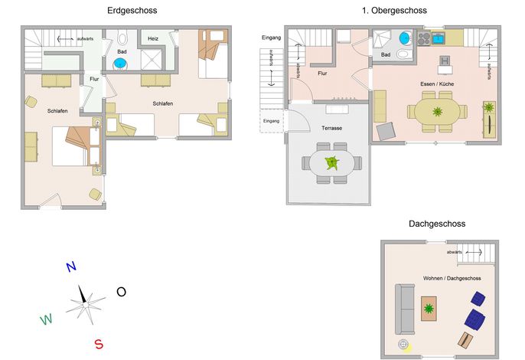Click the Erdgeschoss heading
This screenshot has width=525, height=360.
132,11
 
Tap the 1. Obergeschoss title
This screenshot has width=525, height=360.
394,11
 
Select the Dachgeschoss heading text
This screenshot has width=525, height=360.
437,224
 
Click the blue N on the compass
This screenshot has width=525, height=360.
71,267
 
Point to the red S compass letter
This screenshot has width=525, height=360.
99,344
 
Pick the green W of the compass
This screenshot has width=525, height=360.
46,319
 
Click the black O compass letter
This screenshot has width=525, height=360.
121,292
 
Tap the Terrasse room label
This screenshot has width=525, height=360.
331,128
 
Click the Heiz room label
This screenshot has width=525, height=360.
153,38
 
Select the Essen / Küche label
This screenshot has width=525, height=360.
437,83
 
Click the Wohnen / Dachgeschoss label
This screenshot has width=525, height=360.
452,278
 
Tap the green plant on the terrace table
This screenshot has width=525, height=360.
332,163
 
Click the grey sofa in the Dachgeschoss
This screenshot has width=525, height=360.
405,309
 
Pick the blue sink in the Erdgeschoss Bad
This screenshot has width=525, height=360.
120,63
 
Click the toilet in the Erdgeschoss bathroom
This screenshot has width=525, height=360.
122,38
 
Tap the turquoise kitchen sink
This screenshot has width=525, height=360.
438,38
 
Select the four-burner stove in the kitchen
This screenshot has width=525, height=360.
424,38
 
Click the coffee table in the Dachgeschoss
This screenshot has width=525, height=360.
429,309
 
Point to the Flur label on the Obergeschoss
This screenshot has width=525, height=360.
322,74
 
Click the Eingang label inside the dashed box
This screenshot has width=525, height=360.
271,121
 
